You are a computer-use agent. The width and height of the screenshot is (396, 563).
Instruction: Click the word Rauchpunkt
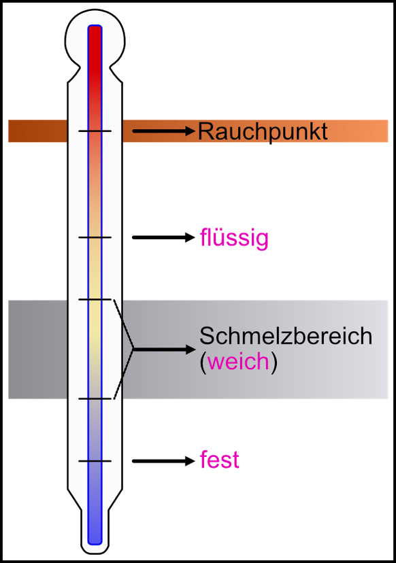point(263,132)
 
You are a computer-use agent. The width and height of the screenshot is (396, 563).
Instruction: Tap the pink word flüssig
point(234,238)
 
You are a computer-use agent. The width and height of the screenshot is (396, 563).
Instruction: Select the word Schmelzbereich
point(286,336)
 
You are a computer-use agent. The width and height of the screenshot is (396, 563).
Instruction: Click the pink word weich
point(239,361)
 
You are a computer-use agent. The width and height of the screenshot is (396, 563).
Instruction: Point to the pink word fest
point(220,459)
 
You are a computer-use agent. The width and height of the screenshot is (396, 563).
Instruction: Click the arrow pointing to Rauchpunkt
point(164,131)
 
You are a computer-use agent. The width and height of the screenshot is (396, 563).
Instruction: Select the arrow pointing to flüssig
point(164,237)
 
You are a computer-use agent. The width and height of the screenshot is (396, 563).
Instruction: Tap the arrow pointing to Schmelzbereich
point(165,349)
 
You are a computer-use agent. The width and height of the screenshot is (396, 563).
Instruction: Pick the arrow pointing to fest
point(164,461)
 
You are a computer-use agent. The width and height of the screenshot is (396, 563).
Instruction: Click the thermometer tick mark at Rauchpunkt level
point(95,131)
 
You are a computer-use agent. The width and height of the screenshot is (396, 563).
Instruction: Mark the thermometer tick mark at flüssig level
point(95,237)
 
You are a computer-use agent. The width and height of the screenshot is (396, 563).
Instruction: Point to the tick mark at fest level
point(95,461)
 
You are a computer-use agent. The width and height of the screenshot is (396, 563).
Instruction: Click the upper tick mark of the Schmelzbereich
point(95,299)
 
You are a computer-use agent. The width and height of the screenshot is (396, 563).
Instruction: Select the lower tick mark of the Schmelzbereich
point(95,398)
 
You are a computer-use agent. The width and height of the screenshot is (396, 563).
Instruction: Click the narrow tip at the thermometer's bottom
point(95,546)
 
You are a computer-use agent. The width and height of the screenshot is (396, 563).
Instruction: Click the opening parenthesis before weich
point(203,362)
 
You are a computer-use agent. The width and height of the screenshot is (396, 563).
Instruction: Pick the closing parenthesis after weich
point(274,362)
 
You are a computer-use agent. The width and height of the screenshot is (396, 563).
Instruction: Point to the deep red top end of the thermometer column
point(95,33)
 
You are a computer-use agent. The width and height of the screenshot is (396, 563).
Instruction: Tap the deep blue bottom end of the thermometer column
point(95,536)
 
